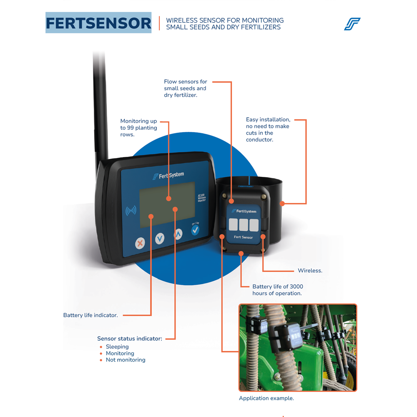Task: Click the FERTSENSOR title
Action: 98,23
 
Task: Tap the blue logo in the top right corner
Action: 352,24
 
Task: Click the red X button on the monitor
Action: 141,243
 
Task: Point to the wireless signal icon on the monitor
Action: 131,211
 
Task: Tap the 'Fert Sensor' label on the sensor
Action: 243,237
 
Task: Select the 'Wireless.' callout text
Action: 310,271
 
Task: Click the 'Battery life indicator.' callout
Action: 90,315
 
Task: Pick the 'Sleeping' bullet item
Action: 117,347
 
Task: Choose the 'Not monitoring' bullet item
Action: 126,360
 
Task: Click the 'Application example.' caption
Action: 266,398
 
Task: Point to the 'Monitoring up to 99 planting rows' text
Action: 138,128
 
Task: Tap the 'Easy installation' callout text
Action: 268,130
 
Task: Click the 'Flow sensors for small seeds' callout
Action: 185,88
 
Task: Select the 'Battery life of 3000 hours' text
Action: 277,290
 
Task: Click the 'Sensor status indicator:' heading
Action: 130,339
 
